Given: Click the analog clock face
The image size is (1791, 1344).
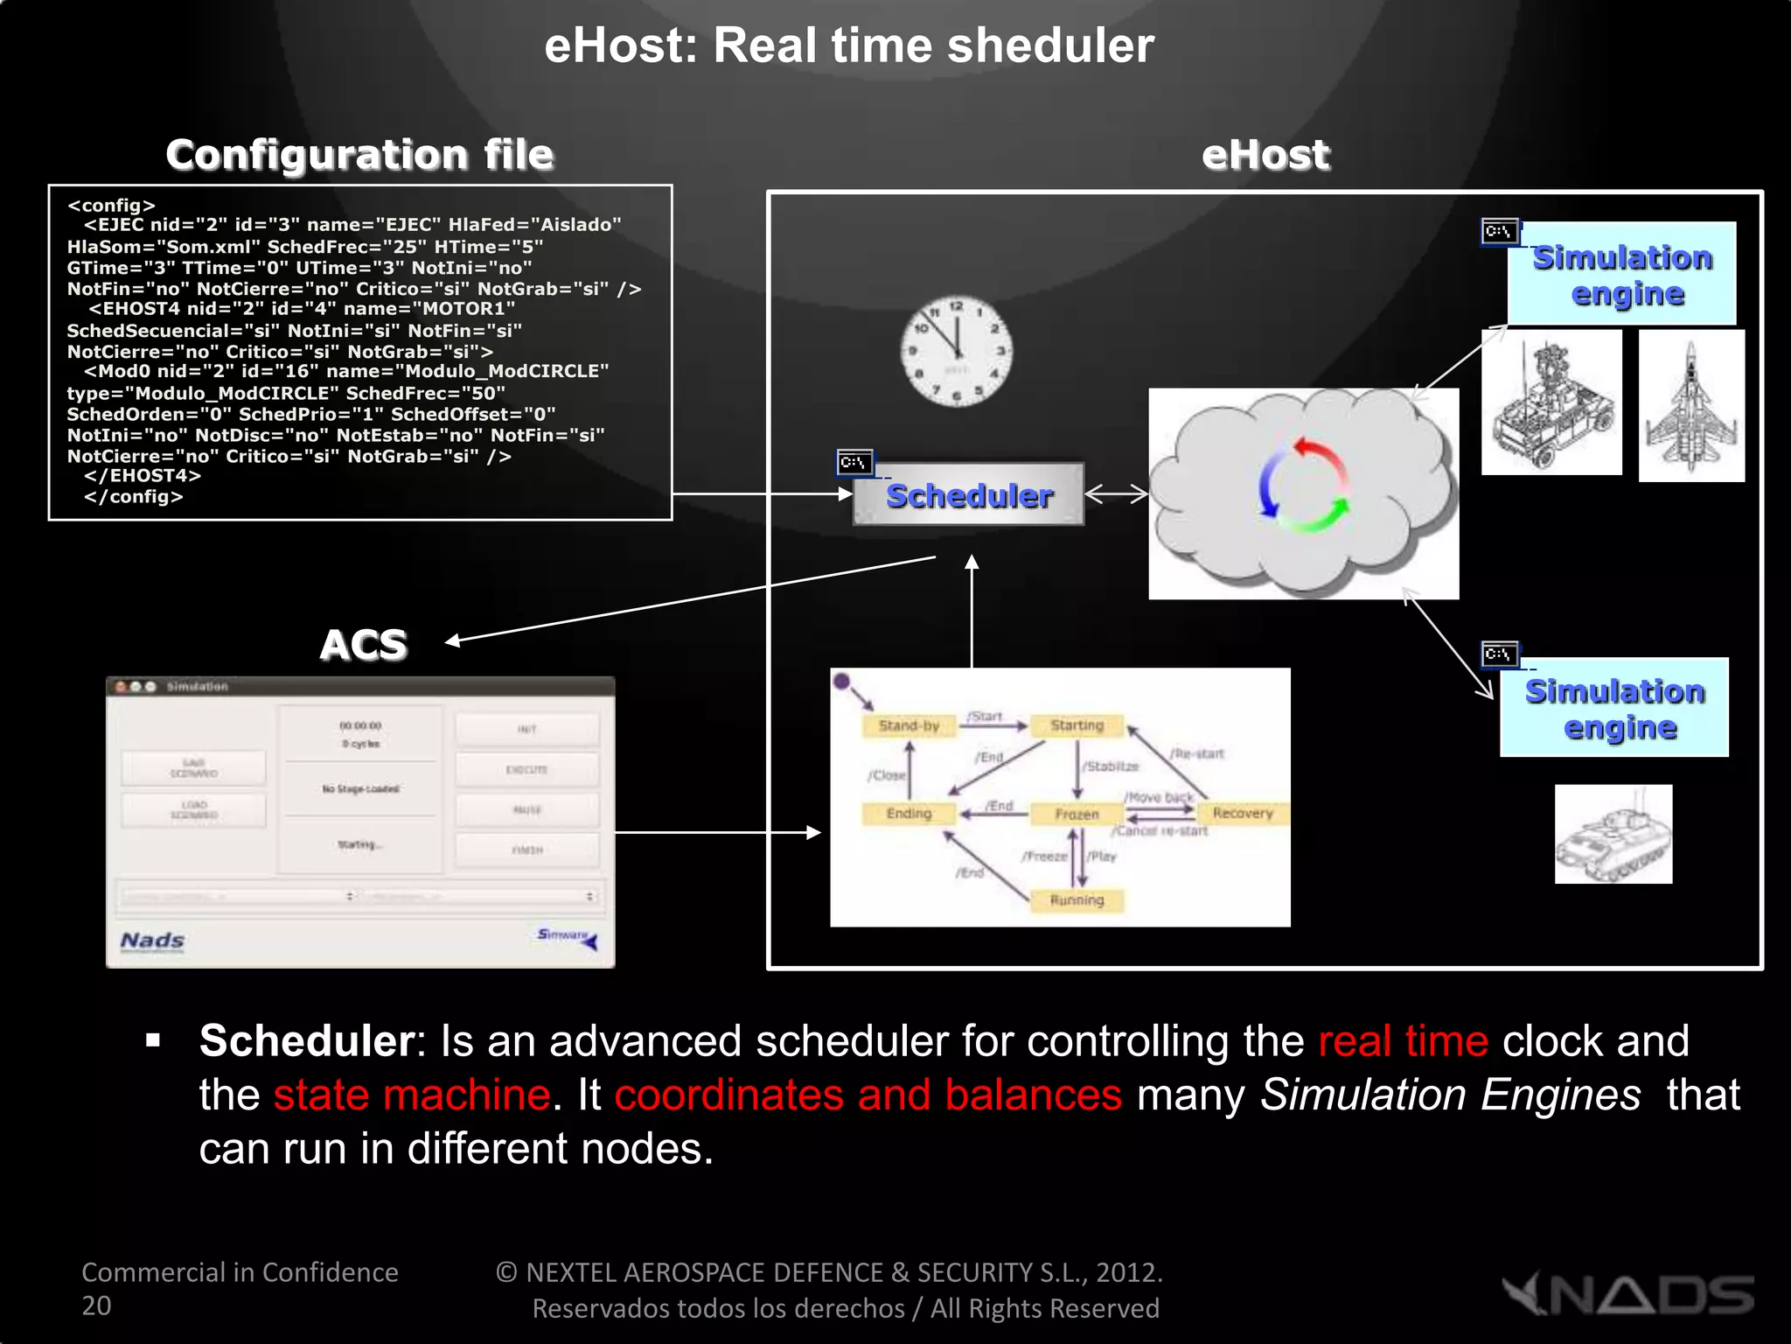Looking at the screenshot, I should click(957, 350).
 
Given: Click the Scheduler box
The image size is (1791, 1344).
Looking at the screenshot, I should click(969, 495).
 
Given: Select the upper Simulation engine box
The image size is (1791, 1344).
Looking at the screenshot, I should click(1622, 274).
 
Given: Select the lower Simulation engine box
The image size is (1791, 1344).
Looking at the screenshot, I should click(1614, 708).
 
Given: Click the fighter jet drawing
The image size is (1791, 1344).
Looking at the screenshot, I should click(1690, 406).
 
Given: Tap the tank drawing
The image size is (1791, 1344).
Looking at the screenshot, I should click(1613, 835).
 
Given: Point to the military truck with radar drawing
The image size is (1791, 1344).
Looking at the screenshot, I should click(1551, 402).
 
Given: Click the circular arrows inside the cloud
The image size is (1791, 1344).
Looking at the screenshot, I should click(1303, 486).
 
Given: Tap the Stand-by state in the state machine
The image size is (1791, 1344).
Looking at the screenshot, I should click(909, 725).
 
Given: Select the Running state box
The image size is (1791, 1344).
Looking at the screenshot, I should click(1077, 900).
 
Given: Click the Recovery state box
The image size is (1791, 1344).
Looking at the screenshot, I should click(1242, 813).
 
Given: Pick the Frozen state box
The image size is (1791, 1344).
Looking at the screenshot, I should click(1076, 814).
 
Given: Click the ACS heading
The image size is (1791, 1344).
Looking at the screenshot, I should click(363, 645).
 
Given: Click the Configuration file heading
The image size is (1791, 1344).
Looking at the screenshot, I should click(359, 155).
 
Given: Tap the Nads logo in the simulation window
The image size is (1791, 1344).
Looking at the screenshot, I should click(152, 941).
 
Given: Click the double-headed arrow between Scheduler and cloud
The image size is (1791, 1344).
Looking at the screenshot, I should click(1116, 494).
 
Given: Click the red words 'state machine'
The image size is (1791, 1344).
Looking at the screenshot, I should click(411, 1095).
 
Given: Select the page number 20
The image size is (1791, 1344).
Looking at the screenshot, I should click(96, 1305).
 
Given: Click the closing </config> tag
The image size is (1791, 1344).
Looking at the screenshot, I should click(133, 497).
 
